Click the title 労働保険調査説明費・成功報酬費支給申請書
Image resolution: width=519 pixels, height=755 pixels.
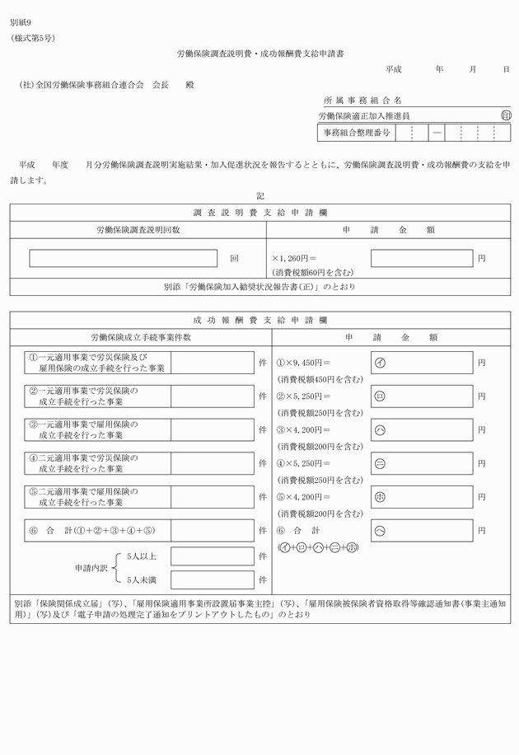[260, 54]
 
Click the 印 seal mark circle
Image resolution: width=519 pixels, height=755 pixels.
[504, 116]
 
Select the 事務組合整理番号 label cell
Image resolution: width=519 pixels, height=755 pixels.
[356, 133]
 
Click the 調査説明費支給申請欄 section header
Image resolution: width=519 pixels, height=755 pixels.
[260, 213]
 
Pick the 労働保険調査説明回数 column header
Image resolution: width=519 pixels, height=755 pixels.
[138, 230]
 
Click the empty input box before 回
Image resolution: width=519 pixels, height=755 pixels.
[124, 258]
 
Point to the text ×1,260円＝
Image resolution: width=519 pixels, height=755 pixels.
[294, 258]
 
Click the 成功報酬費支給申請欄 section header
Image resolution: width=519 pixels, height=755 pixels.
[260, 319]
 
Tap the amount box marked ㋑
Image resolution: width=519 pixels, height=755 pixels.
[422, 362]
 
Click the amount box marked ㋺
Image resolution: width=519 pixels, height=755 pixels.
[422, 396]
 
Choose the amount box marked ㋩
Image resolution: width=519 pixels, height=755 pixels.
[422, 429]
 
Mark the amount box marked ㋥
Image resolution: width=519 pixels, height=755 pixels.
[422, 463]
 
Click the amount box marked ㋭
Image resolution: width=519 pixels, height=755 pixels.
[422, 497]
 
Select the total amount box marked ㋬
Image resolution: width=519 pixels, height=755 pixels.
[422, 530]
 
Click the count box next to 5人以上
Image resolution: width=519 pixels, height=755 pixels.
[212, 556]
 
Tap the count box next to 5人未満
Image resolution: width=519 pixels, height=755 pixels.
[212, 579]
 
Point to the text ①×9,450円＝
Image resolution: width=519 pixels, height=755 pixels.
[303, 362]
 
